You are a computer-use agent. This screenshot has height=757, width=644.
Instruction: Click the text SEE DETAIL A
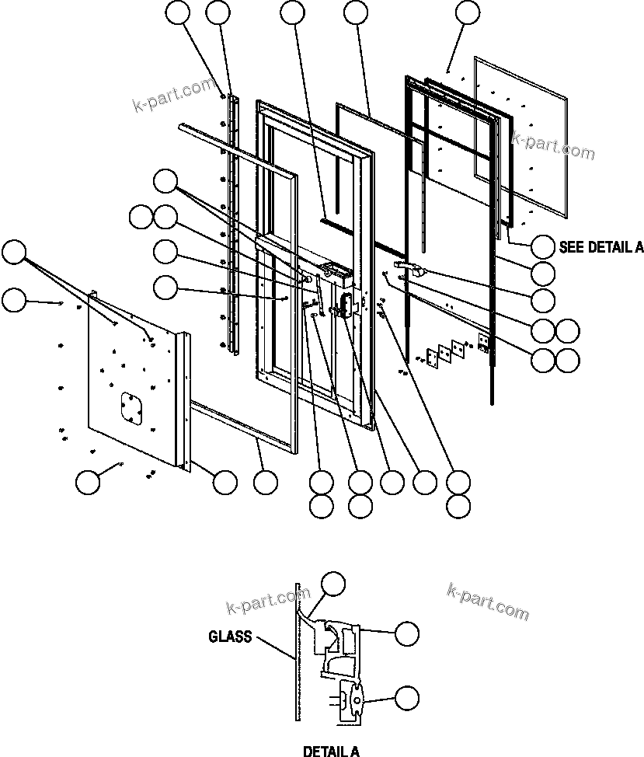click(x=600, y=247)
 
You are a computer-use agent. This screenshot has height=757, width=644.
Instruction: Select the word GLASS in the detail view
click(x=230, y=637)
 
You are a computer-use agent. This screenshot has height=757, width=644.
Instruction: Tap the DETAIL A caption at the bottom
click(x=331, y=751)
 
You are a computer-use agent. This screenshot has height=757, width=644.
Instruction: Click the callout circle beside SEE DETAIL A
click(x=543, y=247)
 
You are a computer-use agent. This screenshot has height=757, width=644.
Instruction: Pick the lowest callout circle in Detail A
click(x=406, y=697)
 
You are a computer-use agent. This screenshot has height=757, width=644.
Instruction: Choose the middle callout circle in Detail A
click(x=406, y=633)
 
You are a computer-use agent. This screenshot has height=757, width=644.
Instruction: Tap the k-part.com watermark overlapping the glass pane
click(x=553, y=145)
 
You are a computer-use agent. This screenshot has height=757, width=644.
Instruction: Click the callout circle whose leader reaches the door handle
click(x=543, y=300)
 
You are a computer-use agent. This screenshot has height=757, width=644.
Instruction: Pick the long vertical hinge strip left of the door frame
click(x=230, y=225)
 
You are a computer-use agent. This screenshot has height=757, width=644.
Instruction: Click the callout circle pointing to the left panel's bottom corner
click(x=225, y=482)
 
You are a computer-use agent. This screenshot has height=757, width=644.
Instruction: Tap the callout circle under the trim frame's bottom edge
click(x=266, y=482)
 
